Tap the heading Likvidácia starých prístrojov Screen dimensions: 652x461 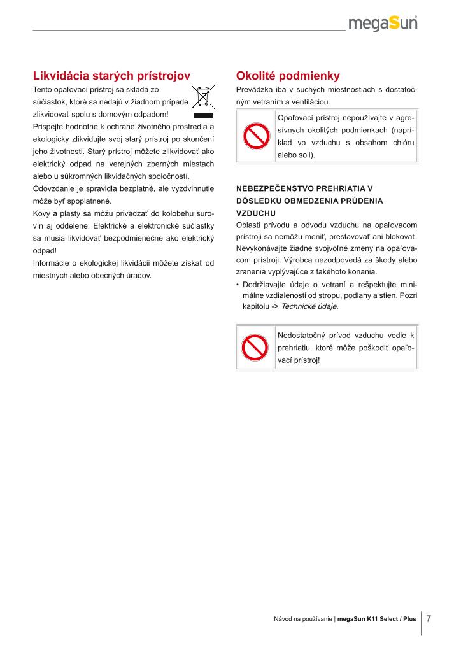(111, 75)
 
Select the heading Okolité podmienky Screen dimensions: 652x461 (288, 75)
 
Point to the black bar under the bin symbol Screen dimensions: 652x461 (202, 116)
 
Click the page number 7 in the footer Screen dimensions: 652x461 (429, 618)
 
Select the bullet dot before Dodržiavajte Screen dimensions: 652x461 (238, 284)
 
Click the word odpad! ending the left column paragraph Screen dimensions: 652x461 (45, 250)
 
